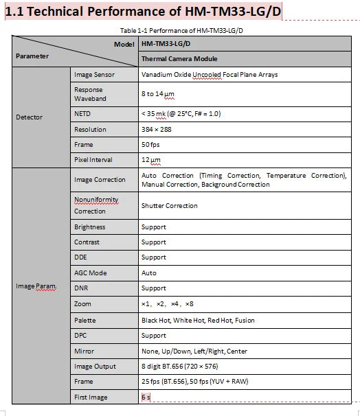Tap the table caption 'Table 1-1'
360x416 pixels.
[x=180, y=30]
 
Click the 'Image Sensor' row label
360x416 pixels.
[x=94, y=74]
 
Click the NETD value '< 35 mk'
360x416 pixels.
[x=181, y=113]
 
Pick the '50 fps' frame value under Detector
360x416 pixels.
[x=151, y=144]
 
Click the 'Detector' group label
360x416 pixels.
[x=29, y=117]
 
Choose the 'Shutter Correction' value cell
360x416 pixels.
[x=169, y=205]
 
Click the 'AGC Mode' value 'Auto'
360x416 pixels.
[x=149, y=273]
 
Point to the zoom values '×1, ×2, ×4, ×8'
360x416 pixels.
[x=167, y=303]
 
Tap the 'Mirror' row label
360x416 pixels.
[x=84, y=351]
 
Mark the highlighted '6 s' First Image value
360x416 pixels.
[x=146, y=397]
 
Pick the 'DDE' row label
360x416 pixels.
[x=81, y=257]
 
